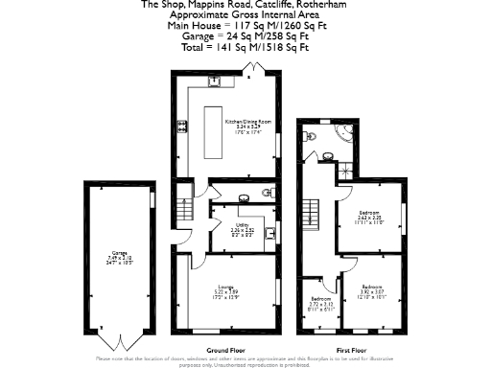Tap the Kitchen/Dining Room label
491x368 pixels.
click(x=248, y=126)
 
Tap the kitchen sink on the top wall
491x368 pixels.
click(x=217, y=80)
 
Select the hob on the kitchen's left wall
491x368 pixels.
click(x=179, y=126)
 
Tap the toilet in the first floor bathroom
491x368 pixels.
click(x=307, y=138)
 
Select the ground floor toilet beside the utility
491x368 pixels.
click(x=267, y=195)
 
